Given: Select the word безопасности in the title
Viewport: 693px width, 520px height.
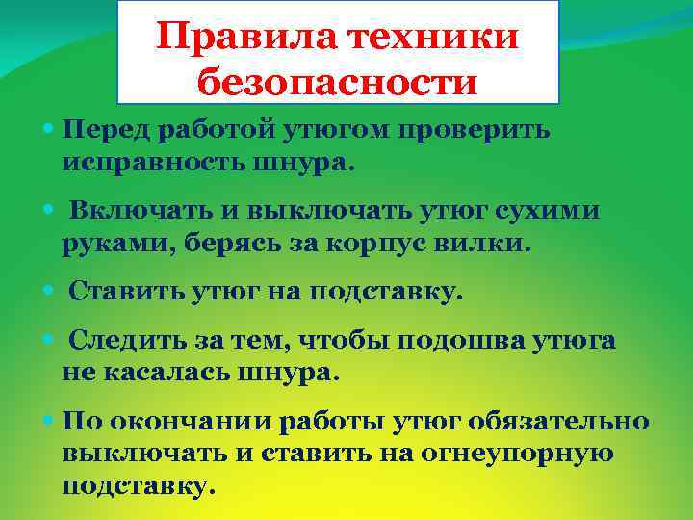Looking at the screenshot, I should click(338, 84).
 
